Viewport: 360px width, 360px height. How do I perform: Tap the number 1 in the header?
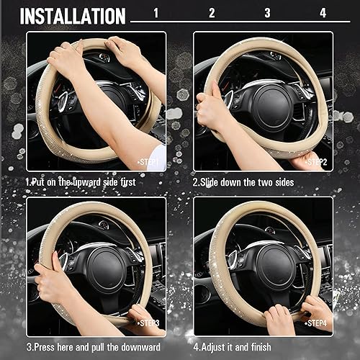tap(156, 13)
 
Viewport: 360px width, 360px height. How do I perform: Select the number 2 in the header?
tap(211, 13)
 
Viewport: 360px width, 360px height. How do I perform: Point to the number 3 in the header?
tap(266, 13)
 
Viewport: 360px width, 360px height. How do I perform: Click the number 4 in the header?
tap(323, 13)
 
